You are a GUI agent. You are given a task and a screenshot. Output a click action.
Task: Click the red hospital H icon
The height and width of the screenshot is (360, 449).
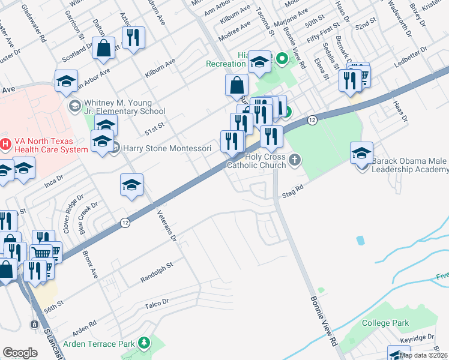pos(5,144)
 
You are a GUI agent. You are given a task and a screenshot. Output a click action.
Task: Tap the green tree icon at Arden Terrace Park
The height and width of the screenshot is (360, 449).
pos(144,343)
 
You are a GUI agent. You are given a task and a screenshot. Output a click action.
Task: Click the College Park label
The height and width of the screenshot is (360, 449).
pos(386,323)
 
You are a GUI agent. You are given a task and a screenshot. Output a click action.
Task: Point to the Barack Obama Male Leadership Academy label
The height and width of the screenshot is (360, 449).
pos(410,165)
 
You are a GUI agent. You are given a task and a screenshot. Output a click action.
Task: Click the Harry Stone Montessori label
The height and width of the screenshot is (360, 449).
pos(167,148)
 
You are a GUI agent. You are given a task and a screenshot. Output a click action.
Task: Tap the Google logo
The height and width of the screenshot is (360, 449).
pos(20,353)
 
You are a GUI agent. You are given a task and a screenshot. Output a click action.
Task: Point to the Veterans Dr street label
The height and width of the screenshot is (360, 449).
pos(167,225)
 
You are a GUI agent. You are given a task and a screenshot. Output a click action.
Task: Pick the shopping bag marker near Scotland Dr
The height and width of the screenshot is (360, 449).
pos(103,49)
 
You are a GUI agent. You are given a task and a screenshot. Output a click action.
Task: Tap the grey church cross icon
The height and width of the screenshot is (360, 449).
pos(294,160)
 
